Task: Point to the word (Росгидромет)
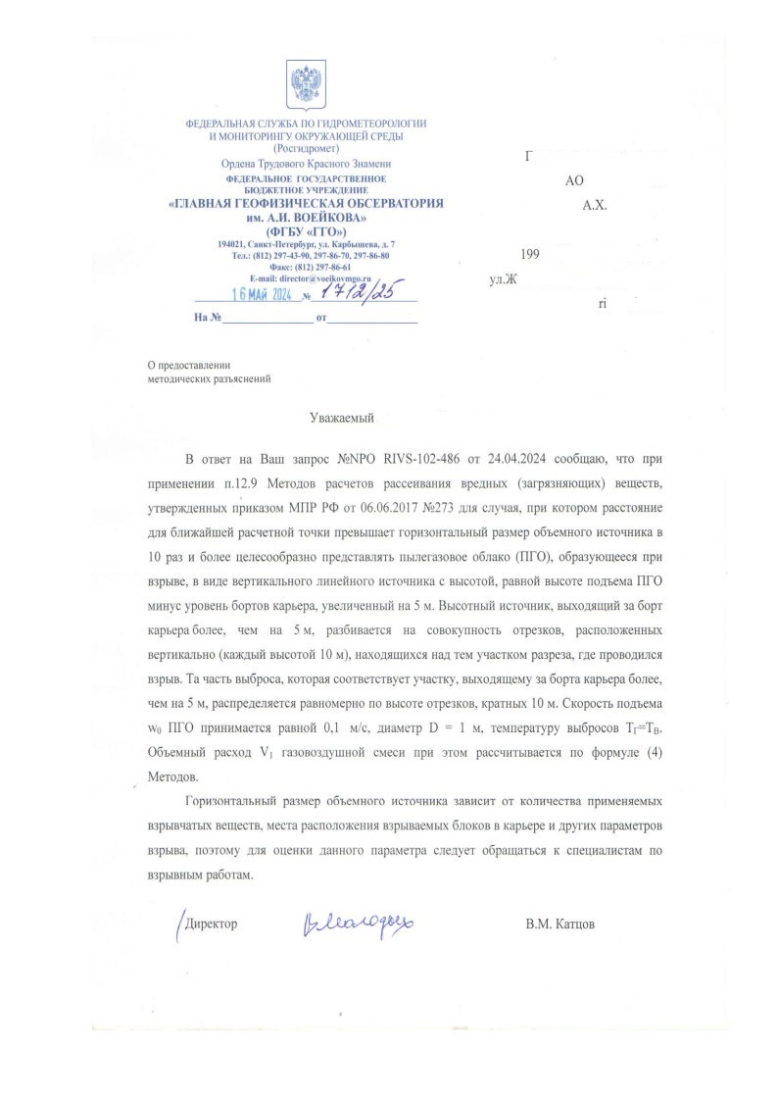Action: click(x=306, y=148)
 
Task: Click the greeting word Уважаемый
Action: click(x=342, y=418)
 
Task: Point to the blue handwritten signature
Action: click(x=358, y=922)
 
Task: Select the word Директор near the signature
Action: click(x=211, y=925)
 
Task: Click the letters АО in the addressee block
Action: click(x=575, y=181)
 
